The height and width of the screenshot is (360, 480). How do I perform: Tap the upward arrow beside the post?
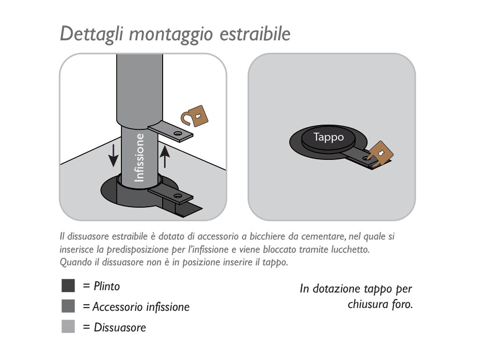164,156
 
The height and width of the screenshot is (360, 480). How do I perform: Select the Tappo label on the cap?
328,137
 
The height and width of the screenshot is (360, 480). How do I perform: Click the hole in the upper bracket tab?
178,134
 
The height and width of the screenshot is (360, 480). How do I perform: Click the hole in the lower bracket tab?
177,195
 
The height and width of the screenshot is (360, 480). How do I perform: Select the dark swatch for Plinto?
68,285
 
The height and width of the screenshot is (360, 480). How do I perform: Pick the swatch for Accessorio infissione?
68,307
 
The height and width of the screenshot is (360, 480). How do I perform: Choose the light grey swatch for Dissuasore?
68,327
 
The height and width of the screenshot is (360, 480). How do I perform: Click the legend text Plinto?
107,286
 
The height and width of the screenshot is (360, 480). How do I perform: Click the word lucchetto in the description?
350,250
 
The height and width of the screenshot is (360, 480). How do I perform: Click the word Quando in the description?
73,262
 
